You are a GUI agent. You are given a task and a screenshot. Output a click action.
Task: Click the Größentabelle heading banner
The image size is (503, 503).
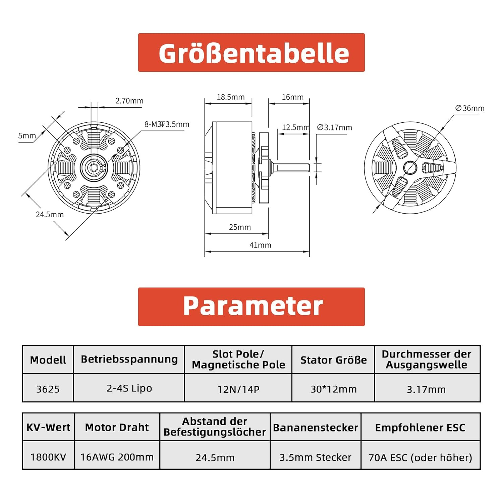(251, 52)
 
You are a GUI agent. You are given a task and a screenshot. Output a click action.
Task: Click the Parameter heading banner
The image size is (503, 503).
(251, 306)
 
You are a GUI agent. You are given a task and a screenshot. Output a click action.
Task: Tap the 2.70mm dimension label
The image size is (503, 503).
(129, 101)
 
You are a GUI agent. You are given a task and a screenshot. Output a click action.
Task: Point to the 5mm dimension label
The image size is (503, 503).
(27, 135)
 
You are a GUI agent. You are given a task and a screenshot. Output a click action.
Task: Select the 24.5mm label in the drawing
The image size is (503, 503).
(50, 214)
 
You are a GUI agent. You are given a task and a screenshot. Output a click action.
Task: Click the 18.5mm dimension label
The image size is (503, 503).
(231, 97)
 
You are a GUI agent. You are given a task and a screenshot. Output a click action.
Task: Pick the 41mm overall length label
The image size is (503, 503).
(260, 245)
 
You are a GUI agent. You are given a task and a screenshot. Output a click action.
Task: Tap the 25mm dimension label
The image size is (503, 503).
(240, 227)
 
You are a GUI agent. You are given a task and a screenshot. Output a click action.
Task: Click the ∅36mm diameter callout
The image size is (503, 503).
(470, 108)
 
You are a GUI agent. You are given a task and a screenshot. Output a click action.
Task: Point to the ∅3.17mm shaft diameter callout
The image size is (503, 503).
(335, 127)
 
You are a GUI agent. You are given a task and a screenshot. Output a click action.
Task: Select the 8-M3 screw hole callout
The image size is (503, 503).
(167, 124)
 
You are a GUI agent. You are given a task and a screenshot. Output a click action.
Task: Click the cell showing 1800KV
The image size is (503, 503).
(48, 457)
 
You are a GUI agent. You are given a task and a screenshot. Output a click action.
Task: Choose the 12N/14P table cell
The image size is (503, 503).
(238, 389)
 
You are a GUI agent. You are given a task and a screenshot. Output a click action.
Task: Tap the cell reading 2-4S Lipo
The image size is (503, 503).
(129, 388)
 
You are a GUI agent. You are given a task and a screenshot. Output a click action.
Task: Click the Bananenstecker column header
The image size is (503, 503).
(316, 428)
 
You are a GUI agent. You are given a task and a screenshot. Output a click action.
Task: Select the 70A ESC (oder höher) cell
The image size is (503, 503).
(421, 457)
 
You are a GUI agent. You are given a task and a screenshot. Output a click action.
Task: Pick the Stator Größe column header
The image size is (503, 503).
(333, 360)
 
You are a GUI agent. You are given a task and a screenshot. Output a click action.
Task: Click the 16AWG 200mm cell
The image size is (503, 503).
(117, 457)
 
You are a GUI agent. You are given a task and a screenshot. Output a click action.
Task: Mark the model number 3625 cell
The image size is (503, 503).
(48, 389)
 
